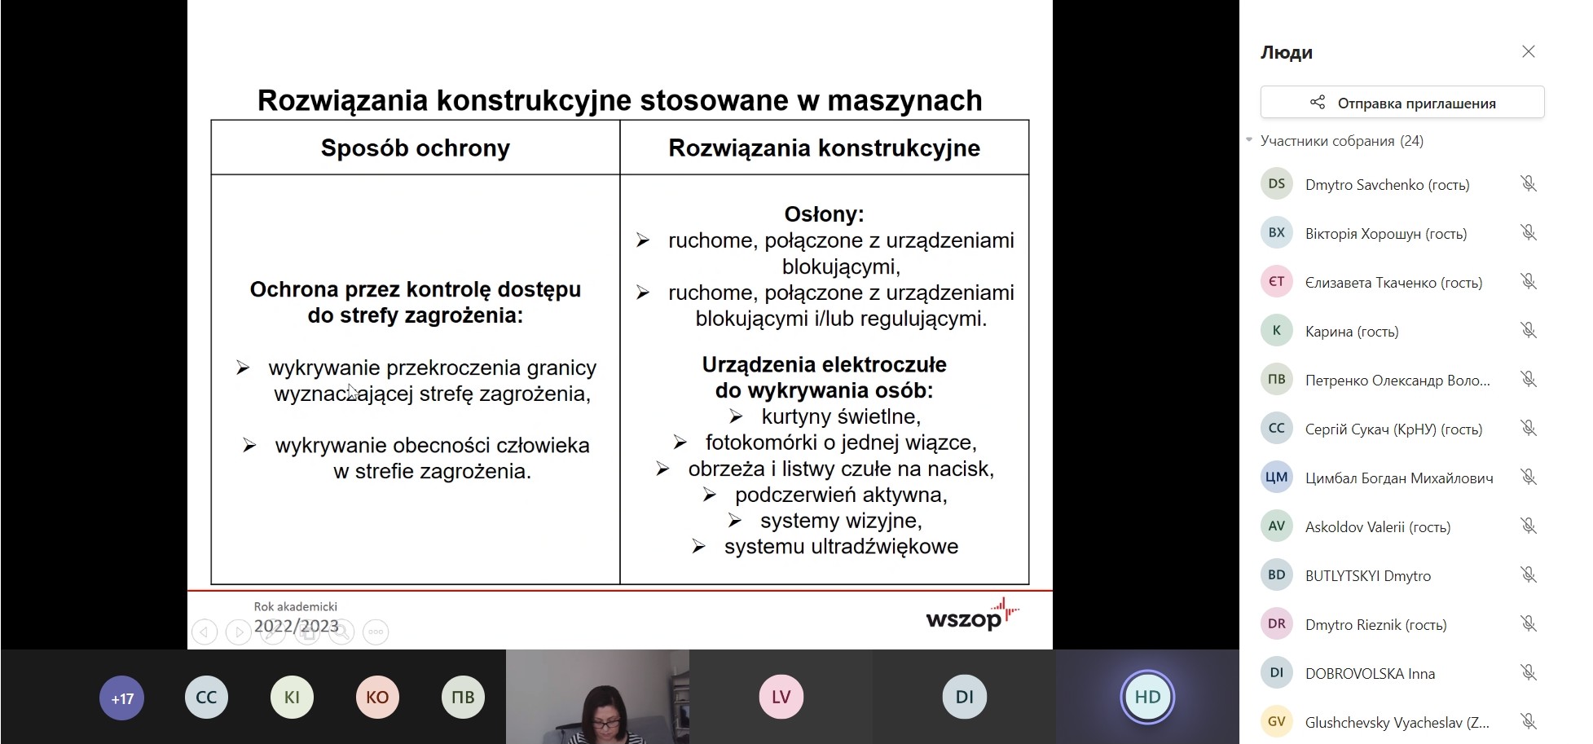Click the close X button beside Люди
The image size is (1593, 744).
point(1528,52)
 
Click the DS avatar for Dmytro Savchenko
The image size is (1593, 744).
point(1277,184)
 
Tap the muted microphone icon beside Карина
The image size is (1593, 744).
point(1529,331)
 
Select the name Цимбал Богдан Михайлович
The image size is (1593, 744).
point(1399,478)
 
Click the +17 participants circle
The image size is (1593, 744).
point(122,698)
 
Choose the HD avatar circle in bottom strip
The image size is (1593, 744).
point(1147,698)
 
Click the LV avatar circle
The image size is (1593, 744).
point(781,698)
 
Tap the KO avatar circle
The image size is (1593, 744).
point(377,698)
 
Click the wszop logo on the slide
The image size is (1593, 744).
point(972,615)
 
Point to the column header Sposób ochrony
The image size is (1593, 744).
point(416,148)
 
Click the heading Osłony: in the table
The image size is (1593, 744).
point(824,214)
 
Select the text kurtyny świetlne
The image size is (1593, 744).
point(841,416)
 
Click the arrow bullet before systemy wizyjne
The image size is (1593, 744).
point(735,521)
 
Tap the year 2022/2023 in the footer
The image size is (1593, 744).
point(297,626)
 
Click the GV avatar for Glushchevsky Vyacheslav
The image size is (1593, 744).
point(1277,722)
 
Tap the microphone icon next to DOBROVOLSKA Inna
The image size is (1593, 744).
point(1529,673)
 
